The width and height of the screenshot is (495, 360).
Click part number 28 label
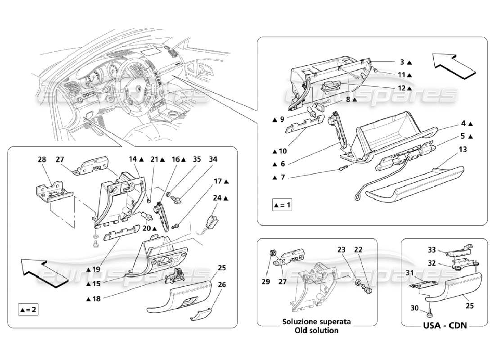click(42, 159)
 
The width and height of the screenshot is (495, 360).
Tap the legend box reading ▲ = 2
click(28, 310)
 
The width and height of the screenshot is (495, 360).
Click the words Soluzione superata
click(317, 322)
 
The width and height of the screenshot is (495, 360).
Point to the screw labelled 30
click(432, 310)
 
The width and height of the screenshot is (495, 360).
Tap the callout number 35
click(196, 159)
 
